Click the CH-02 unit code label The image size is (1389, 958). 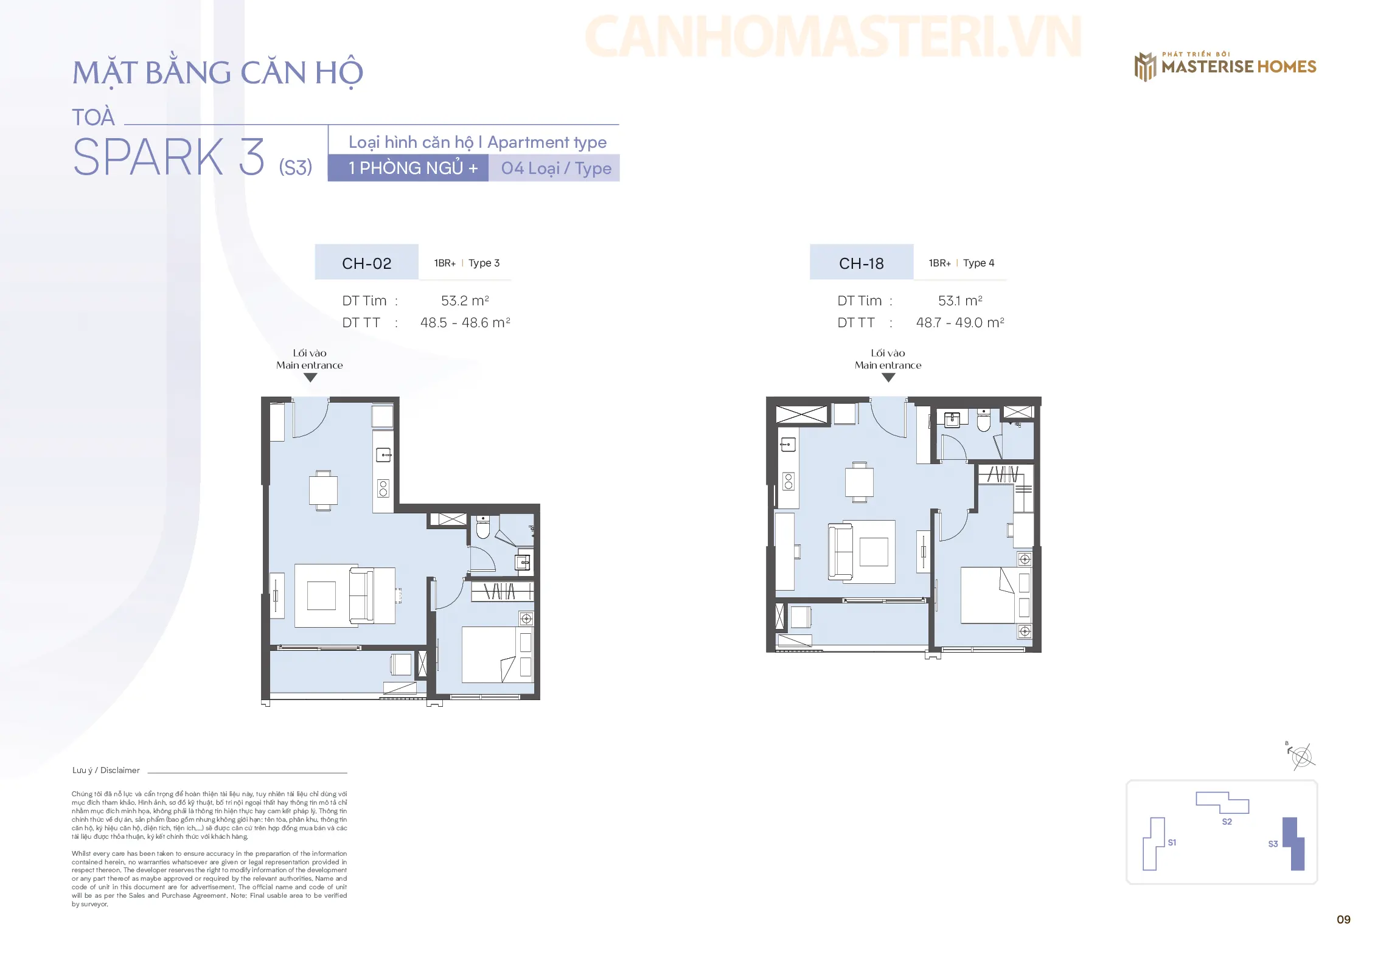point(366,263)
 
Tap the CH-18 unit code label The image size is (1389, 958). point(861,263)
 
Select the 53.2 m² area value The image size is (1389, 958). point(465,300)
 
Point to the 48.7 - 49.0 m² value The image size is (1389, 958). point(960,322)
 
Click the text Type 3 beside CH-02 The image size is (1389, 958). point(484,263)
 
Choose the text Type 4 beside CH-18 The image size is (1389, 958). point(978,263)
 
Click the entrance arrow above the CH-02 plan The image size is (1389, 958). point(310,378)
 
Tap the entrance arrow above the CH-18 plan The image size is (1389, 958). point(888,378)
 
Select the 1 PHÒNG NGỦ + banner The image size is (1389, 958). point(408,168)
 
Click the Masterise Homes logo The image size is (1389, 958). point(1225,66)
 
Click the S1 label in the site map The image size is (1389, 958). point(1172,842)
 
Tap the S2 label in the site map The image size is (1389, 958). point(1227,822)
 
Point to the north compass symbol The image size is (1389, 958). point(1301,757)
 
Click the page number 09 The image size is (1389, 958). point(1343,920)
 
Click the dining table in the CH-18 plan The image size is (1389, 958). point(859,482)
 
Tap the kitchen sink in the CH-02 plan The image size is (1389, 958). point(383,454)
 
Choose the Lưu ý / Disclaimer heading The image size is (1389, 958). point(106,770)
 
